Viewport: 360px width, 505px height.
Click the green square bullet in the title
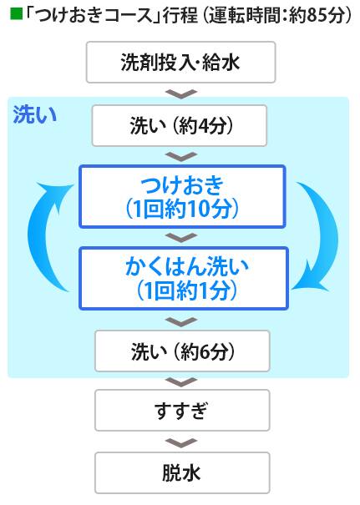[x=16, y=14]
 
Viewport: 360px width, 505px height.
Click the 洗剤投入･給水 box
[x=180, y=62]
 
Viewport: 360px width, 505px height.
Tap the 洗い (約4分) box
[x=180, y=125]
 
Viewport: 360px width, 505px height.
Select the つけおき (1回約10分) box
[x=182, y=196]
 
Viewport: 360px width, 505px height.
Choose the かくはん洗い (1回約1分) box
[x=184, y=278]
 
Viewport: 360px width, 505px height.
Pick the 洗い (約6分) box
[x=182, y=351]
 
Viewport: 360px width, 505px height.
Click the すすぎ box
[x=182, y=411]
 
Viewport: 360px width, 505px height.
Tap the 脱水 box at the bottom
[x=182, y=472]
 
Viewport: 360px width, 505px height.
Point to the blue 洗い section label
[x=35, y=115]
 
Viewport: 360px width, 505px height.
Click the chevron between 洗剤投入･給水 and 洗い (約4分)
[x=181, y=93]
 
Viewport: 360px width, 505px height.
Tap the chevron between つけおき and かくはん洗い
[x=181, y=237]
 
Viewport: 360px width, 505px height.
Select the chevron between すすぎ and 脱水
[x=181, y=443]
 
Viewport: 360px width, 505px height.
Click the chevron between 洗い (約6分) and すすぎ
[x=181, y=381]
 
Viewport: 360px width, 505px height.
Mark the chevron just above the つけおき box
[x=181, y=157]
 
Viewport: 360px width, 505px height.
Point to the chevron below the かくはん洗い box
[x=181, y=321]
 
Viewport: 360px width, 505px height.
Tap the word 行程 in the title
[x=180, y=15]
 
